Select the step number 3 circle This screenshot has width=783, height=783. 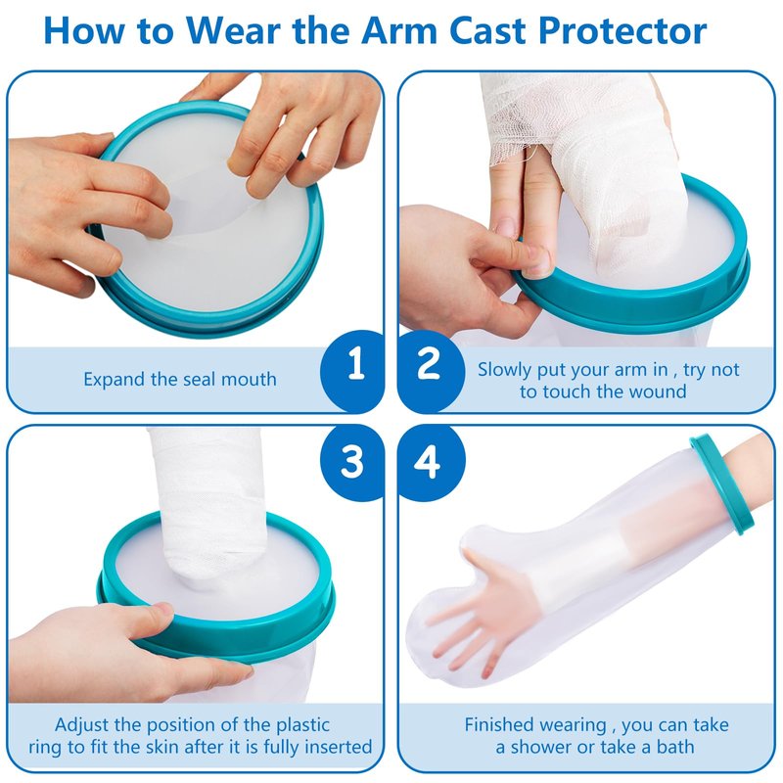tap(352, 462)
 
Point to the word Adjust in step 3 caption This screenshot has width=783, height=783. tap(81, 725)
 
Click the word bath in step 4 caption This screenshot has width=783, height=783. tap(674, 747)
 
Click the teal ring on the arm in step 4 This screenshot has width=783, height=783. tap(723, 484)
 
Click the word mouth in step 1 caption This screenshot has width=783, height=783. tap(249, 380)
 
